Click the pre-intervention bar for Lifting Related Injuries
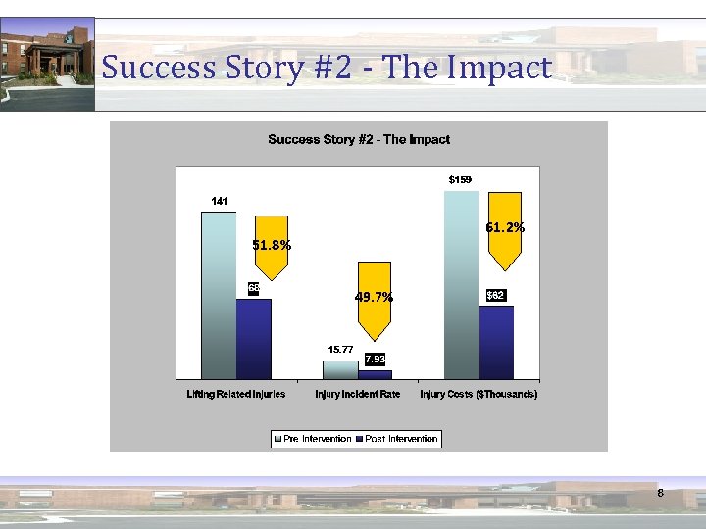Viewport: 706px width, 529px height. (219, 295)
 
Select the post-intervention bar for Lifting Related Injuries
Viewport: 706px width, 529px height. (253, 338)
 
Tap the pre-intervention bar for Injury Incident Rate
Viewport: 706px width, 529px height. (340, 369)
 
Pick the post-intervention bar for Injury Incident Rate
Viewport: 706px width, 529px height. (375, 374)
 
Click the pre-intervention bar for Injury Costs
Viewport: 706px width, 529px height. (461, 284)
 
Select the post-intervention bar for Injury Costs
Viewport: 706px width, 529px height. (496, 342)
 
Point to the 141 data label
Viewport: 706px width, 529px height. (219, 201)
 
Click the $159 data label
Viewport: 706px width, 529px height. (460, 180)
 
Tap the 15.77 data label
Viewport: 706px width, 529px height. (340, 349)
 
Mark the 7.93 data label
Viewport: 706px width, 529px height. (376, 359)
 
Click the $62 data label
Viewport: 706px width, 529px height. (496, 295)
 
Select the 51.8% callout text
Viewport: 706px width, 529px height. (272, 246)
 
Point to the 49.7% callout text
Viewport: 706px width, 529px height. (374, 297)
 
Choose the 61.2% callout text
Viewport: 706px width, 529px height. (505, 227)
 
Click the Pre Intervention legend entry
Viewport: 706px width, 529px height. (312, 439)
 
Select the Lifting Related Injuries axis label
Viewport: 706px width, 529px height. (236, 394)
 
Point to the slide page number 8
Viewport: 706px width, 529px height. (661, 494)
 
